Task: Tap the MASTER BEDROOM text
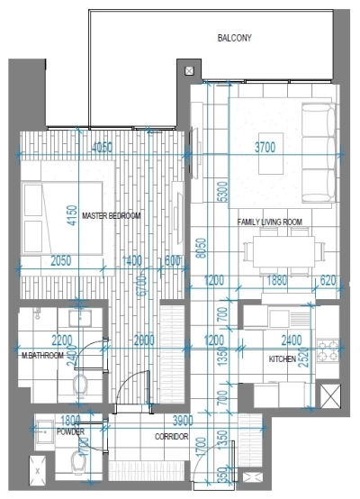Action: (x=112, y=216)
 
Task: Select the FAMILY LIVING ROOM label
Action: (x=269, y=222)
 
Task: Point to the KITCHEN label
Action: (x=282, y=359)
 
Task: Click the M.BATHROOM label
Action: (x=43, y=356)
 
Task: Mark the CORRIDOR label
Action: (x=170, y=436)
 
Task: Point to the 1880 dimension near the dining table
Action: (x=277, y=280)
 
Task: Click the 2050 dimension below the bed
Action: (x=60, y=260)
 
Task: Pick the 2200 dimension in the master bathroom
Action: (x=60, y=340)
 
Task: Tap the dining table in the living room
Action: (x=283, y=250)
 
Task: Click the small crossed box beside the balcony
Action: (x=188, y=70)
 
